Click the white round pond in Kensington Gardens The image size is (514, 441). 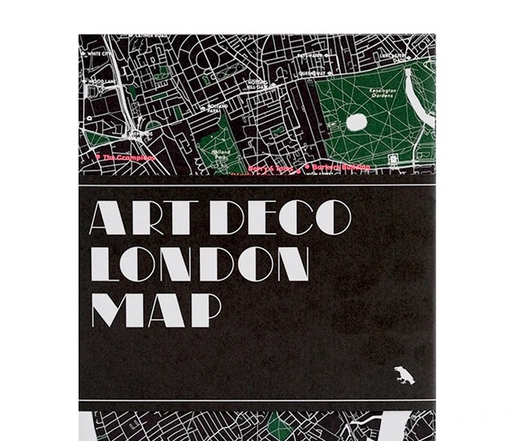coord(358,122)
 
